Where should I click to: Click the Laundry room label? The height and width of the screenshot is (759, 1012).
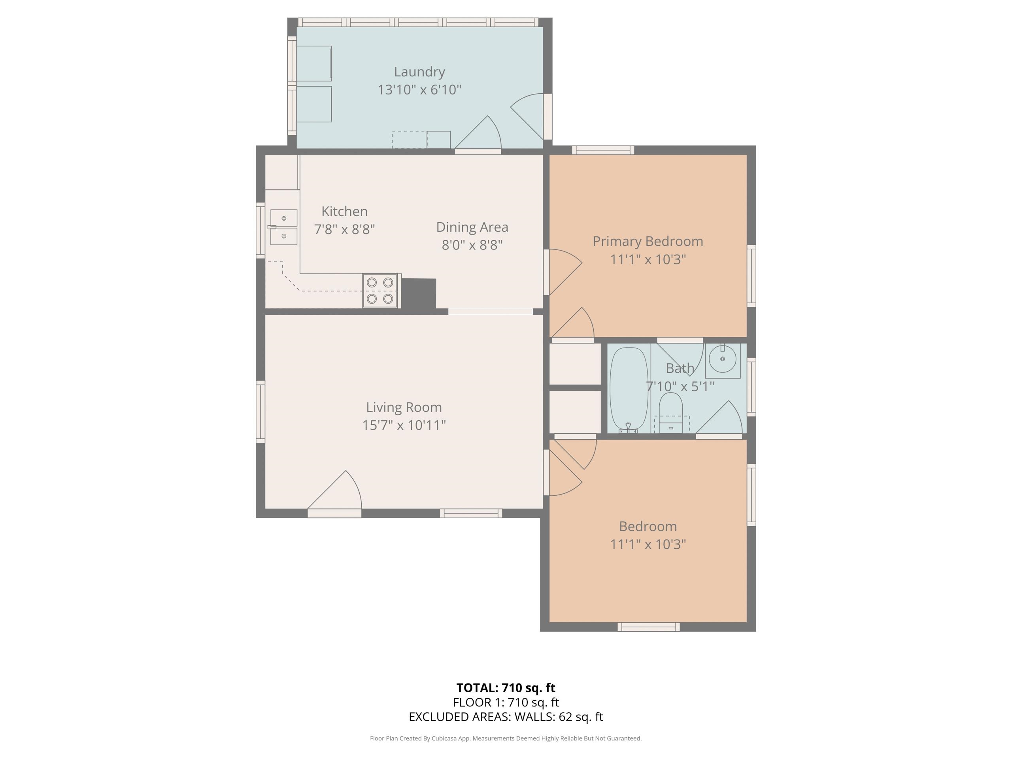[x=419, y=72]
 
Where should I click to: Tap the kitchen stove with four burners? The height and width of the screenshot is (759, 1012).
[x=380, y=291]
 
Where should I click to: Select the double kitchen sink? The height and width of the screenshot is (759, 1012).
[x=284, y=227]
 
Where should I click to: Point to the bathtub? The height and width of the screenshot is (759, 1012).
[x=629, y=389]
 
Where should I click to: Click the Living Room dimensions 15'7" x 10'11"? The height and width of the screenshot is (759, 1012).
[x=404, y=425]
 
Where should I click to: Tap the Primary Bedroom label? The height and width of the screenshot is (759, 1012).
[x=648, y=242]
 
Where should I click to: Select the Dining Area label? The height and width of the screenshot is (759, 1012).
[x=472, y=227]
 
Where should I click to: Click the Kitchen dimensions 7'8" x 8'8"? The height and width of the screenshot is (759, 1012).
[x=344, y=229]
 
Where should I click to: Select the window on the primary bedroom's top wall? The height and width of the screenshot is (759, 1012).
[x=603, y=150]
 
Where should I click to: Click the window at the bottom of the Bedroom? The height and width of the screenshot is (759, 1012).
[x=648, y=627]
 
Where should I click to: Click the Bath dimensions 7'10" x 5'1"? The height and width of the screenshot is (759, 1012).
[x=680, y=387]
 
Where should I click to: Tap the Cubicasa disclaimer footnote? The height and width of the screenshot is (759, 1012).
[x=506, y=738]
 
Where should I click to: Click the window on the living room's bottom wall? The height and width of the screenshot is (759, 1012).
[x=471, y=514]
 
